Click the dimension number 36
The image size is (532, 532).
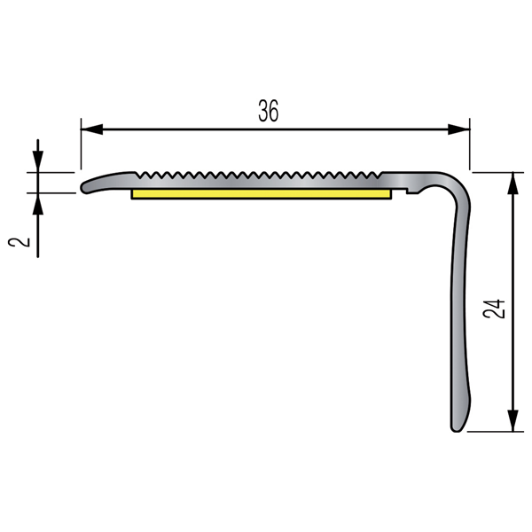269,111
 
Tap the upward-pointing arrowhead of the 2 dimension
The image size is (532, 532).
38,204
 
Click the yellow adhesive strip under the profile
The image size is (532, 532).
262,192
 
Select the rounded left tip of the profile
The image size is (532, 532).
85,187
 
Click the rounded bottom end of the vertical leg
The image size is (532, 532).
457,427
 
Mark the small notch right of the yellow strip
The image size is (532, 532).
406,189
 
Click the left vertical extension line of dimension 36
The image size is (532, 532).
81,146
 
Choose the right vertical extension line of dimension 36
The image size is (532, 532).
469,146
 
